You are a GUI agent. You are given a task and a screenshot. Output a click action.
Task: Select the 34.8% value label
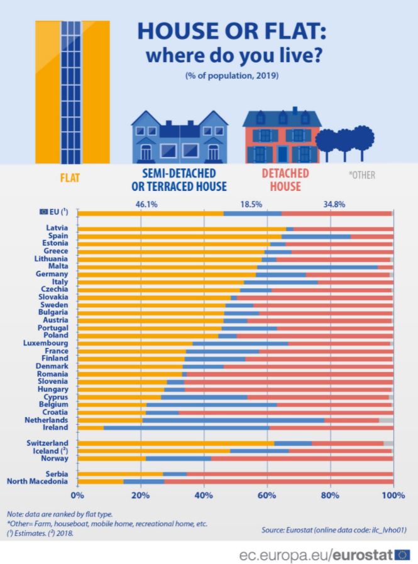pos(334,204)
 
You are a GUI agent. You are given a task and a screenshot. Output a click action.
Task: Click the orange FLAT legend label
pos(70,178)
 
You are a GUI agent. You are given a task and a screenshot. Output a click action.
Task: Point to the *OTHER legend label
pos(362,175)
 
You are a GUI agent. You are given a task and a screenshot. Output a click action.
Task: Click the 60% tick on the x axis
pos(267,496)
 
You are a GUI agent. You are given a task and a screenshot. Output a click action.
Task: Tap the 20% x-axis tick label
pos(140,496)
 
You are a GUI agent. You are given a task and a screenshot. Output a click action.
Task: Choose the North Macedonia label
pos(37,482)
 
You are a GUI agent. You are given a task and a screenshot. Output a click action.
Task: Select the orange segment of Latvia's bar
pos(182,229)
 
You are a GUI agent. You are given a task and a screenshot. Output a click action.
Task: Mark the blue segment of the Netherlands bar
pos(233,420)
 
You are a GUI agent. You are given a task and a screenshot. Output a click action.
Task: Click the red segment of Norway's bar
pos(302,458)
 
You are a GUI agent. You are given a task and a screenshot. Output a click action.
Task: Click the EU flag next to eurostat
pos(402,555)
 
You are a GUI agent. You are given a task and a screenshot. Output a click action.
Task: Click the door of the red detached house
pos(282,154)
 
